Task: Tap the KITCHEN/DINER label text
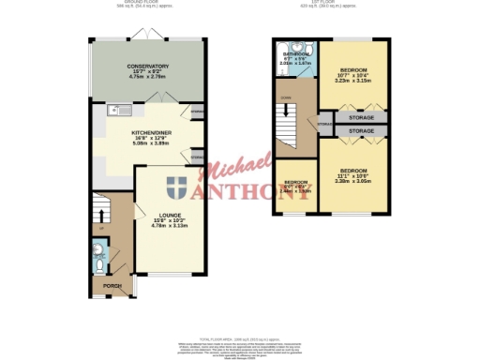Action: (x=150, y=133)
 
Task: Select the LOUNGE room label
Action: (x=169, y=215)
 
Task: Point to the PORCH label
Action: (x=112, y=285)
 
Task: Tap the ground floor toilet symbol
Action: (x=100, y=251)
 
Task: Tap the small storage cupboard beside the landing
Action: (x=324, y=124)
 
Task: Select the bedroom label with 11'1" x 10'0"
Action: (x=352, y=171)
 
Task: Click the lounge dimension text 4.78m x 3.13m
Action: (x=169, y=226)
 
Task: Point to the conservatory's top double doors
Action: (x=149, y=37)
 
